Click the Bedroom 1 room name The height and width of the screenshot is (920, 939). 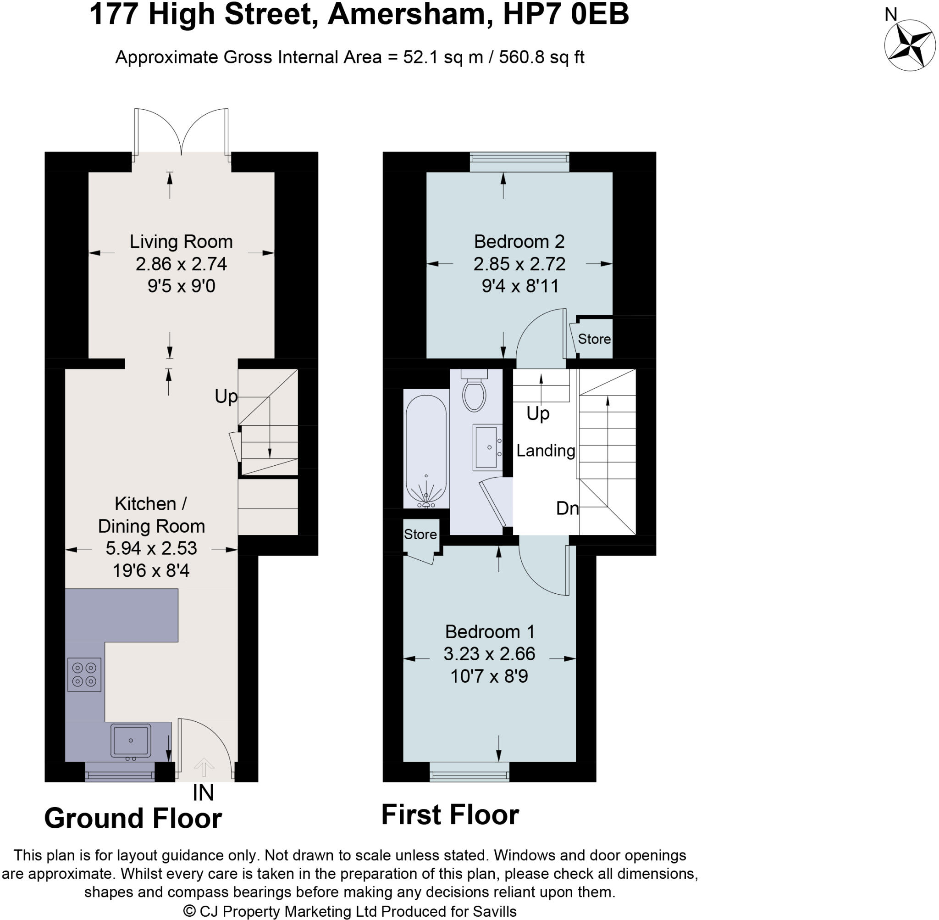[x=490, y=631]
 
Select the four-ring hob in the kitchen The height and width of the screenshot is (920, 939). [x=84, y=675]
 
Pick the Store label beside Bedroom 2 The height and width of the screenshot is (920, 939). [x=594, y=339]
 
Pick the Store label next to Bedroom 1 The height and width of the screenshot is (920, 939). [x=420, y=535]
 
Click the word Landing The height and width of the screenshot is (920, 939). [x=546, y=451]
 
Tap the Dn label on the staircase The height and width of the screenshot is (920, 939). [x=567, y=508]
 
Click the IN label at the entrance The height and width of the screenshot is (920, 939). [x=203, y=792]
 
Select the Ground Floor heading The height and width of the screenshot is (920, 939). [x=133, y=819]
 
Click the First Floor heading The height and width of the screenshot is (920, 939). [x=450, y=814]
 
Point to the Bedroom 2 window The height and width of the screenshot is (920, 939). [x=519, y=162]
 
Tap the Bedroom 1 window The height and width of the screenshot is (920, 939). [x=469, y=772]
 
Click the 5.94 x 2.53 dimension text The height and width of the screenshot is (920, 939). [x=151, y=548]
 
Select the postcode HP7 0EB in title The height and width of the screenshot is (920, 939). [x=566, y=15]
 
